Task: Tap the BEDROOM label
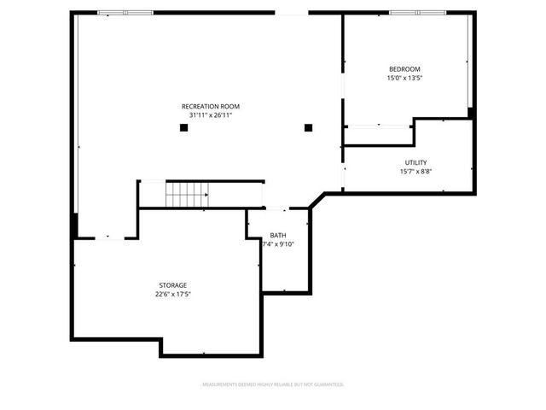[x=404, y=69]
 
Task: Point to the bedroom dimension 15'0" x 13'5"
[x=404, y=78]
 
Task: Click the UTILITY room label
[x=415, y=162]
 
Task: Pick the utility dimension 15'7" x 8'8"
[x=415, y=171]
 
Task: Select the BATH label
[x=278, y=235]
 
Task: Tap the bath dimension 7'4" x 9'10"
[x=278, y=243]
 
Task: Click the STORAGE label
[x=172, y=285]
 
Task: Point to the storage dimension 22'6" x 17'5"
[x=172, y=294]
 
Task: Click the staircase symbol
[x=186, y=195]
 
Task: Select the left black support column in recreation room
[x=183, y=128]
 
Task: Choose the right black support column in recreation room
[x=309, y=128]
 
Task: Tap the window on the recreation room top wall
[x=125, y=13]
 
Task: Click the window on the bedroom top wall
[x=418, y=13]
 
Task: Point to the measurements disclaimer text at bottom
[x=272, y=384]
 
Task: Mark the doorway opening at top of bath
[x=278, y=208]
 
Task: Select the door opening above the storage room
[x=107, y=238]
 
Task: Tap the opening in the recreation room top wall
[x=291, y=13]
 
